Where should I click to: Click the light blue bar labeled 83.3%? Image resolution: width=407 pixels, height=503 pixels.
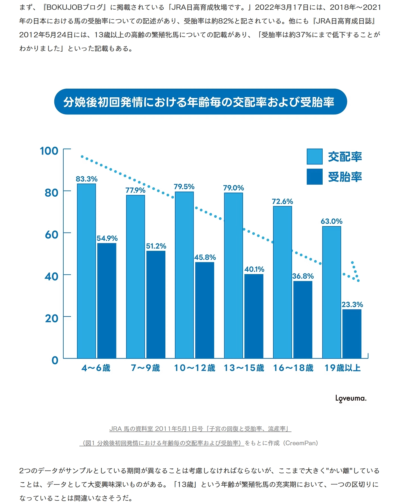click(86, 271)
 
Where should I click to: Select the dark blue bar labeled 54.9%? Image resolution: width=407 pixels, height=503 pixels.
click(107, 300)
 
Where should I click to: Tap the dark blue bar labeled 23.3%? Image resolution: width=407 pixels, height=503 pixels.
click(352, 334)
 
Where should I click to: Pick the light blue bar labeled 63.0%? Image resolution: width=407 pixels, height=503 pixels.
click(331, 292)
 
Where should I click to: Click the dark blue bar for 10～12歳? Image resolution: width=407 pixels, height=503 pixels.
click(205, 310)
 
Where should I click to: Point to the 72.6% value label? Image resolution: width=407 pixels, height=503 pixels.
click(282, 201)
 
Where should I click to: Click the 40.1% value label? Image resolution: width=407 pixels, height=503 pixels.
click(254, 269)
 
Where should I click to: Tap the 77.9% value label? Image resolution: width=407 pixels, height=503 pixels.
click(135, 190)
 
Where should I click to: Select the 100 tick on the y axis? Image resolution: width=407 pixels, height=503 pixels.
click(49, 151)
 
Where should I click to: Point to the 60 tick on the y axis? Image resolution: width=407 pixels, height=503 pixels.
click(52, 235)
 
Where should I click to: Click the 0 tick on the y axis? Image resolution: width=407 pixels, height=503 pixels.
click(55, 360)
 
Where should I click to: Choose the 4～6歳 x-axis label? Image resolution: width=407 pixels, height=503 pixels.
click(96, 368)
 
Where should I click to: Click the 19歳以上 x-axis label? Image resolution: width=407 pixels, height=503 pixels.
click(342, 368)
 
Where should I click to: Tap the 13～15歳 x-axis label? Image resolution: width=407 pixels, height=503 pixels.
click(244, 368)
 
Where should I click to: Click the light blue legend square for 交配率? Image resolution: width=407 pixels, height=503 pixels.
click(314, 157)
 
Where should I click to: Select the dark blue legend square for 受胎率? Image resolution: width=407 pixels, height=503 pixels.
click(314, 177)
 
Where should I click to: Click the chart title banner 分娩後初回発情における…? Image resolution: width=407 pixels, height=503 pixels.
click(200, 102)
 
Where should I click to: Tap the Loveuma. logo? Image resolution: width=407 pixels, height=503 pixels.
click(351, 398)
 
